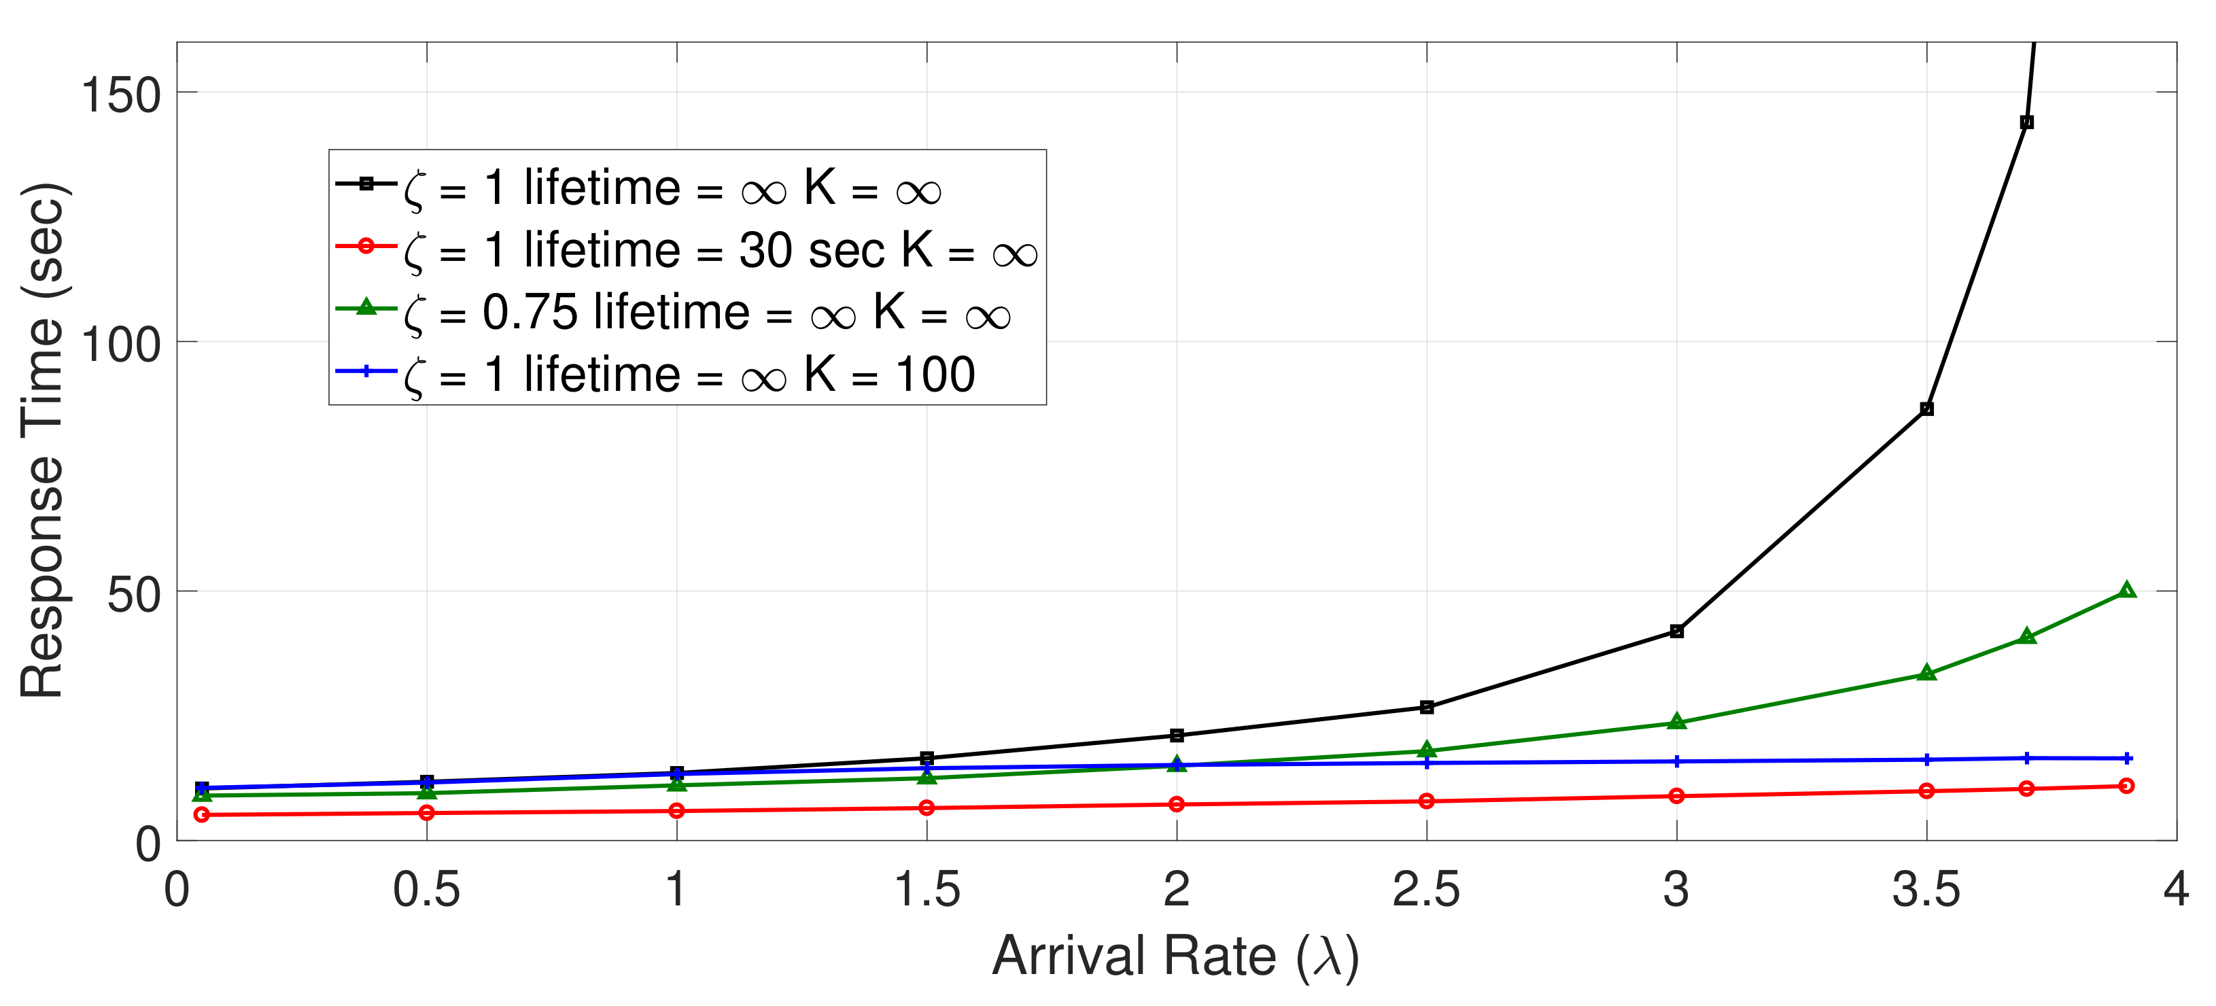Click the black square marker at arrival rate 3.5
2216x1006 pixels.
(x=1927, y=409)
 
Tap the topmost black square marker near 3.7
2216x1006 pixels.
(x=2027, y=122)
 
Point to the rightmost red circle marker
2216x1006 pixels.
(x=2126, y=786)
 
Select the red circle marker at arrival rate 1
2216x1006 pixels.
(x=677, y=811)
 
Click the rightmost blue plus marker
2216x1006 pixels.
(x=2126, y=758)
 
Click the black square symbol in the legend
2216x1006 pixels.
(x=366, y=184)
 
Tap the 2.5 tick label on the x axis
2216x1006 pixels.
(x=1426, y=890)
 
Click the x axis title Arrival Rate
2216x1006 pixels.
(x=1175, y=957)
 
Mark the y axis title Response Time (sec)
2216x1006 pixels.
(x=43, y=440)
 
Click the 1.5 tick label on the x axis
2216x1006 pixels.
(x=927, y=890)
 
